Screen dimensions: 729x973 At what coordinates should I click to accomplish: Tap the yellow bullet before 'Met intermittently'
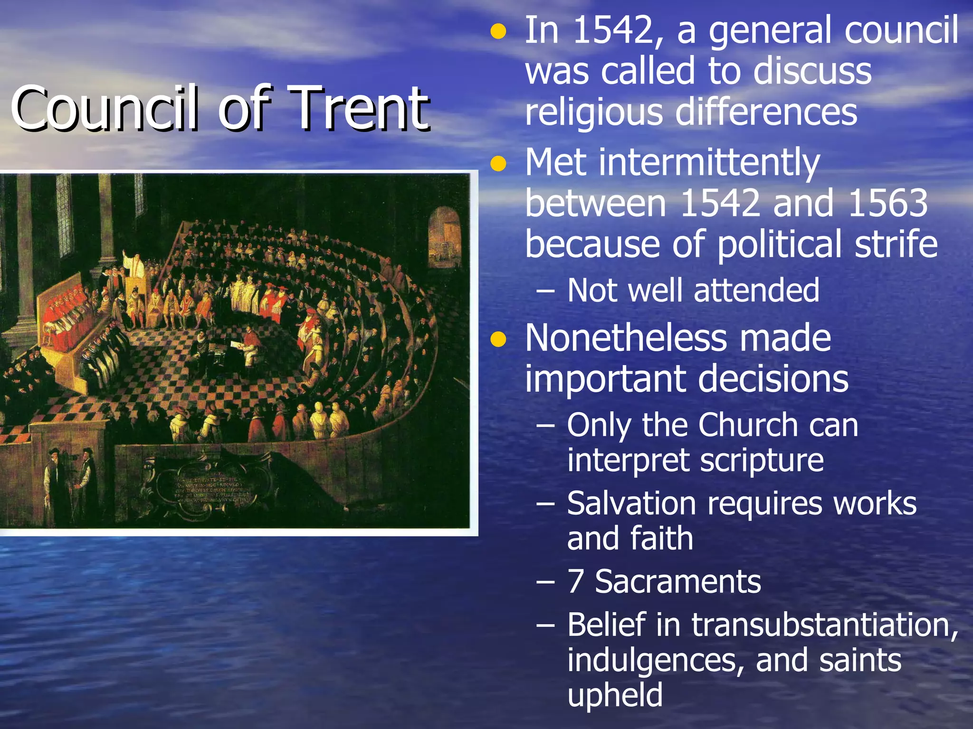(x=498, y=164)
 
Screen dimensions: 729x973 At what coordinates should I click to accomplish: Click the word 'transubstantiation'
(x=825, y=625)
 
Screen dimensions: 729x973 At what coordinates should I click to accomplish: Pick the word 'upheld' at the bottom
(x=615, y=695)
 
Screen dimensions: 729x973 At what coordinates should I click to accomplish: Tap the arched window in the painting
(x=445, y=235)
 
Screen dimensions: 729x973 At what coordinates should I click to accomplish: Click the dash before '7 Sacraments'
(x=545, y=582)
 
